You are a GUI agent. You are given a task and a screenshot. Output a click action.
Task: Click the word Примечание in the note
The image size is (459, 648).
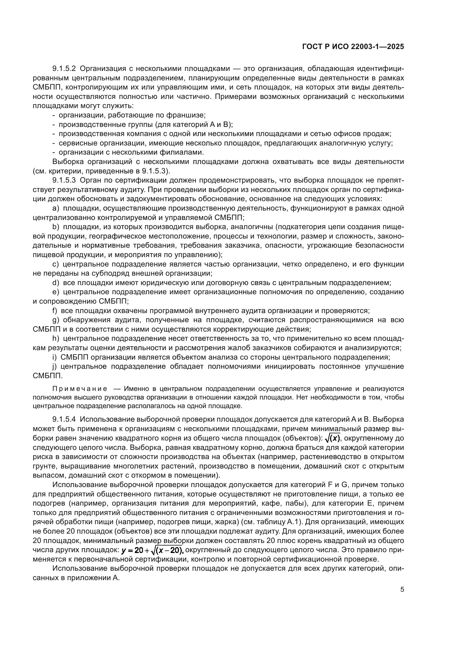point(80,389)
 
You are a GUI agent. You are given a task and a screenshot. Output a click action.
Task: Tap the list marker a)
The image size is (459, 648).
point(56,208)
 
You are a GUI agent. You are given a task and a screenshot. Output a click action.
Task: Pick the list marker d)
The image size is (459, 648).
point(56,283)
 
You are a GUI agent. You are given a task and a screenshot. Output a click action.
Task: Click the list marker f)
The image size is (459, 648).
point(55,311)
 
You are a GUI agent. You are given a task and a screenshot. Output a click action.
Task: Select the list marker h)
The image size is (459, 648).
point(56,338)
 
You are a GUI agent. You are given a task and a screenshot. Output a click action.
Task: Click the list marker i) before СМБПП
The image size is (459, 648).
point(55,357)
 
